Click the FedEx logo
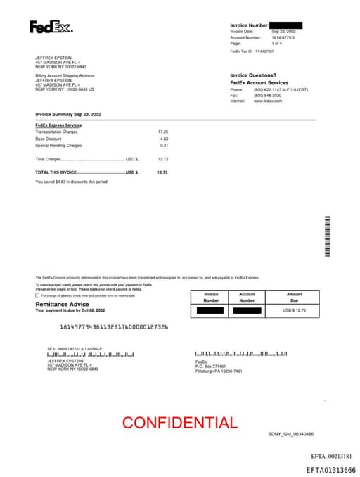[x=51, y=27]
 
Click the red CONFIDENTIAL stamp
[x=180, y=423]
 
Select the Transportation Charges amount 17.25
[x=163, y=132]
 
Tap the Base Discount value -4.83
[x=163, y=139]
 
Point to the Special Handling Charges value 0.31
[x=164, y=146]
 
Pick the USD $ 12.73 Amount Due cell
[x=295, y=310]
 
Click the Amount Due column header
[x=295, y=297]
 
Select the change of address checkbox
[x=37, y=295]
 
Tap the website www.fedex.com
[x=268, y=101]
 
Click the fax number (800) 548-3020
[x=269, y=95]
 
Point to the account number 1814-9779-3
[x=283, y=37]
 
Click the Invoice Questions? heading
[x=253, y=75]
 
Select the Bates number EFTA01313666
[x=330, y=470]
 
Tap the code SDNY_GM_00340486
[x=290, y=434]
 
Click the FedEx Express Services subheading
[x=58, y=125]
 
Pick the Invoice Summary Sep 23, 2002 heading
[x=68, y=113]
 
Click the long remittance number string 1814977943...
[x=114, y=326]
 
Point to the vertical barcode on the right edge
[x=327, y=236]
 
